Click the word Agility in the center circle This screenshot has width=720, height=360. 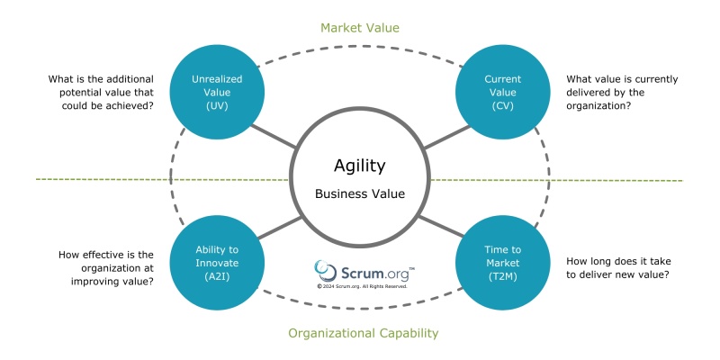pos(359,166)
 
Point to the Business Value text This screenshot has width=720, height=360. pos(359,193)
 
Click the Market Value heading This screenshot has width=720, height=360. pos(359,28)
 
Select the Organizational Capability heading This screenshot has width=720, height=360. pos(363,333)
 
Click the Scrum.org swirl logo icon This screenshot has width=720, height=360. pos(326,270)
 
